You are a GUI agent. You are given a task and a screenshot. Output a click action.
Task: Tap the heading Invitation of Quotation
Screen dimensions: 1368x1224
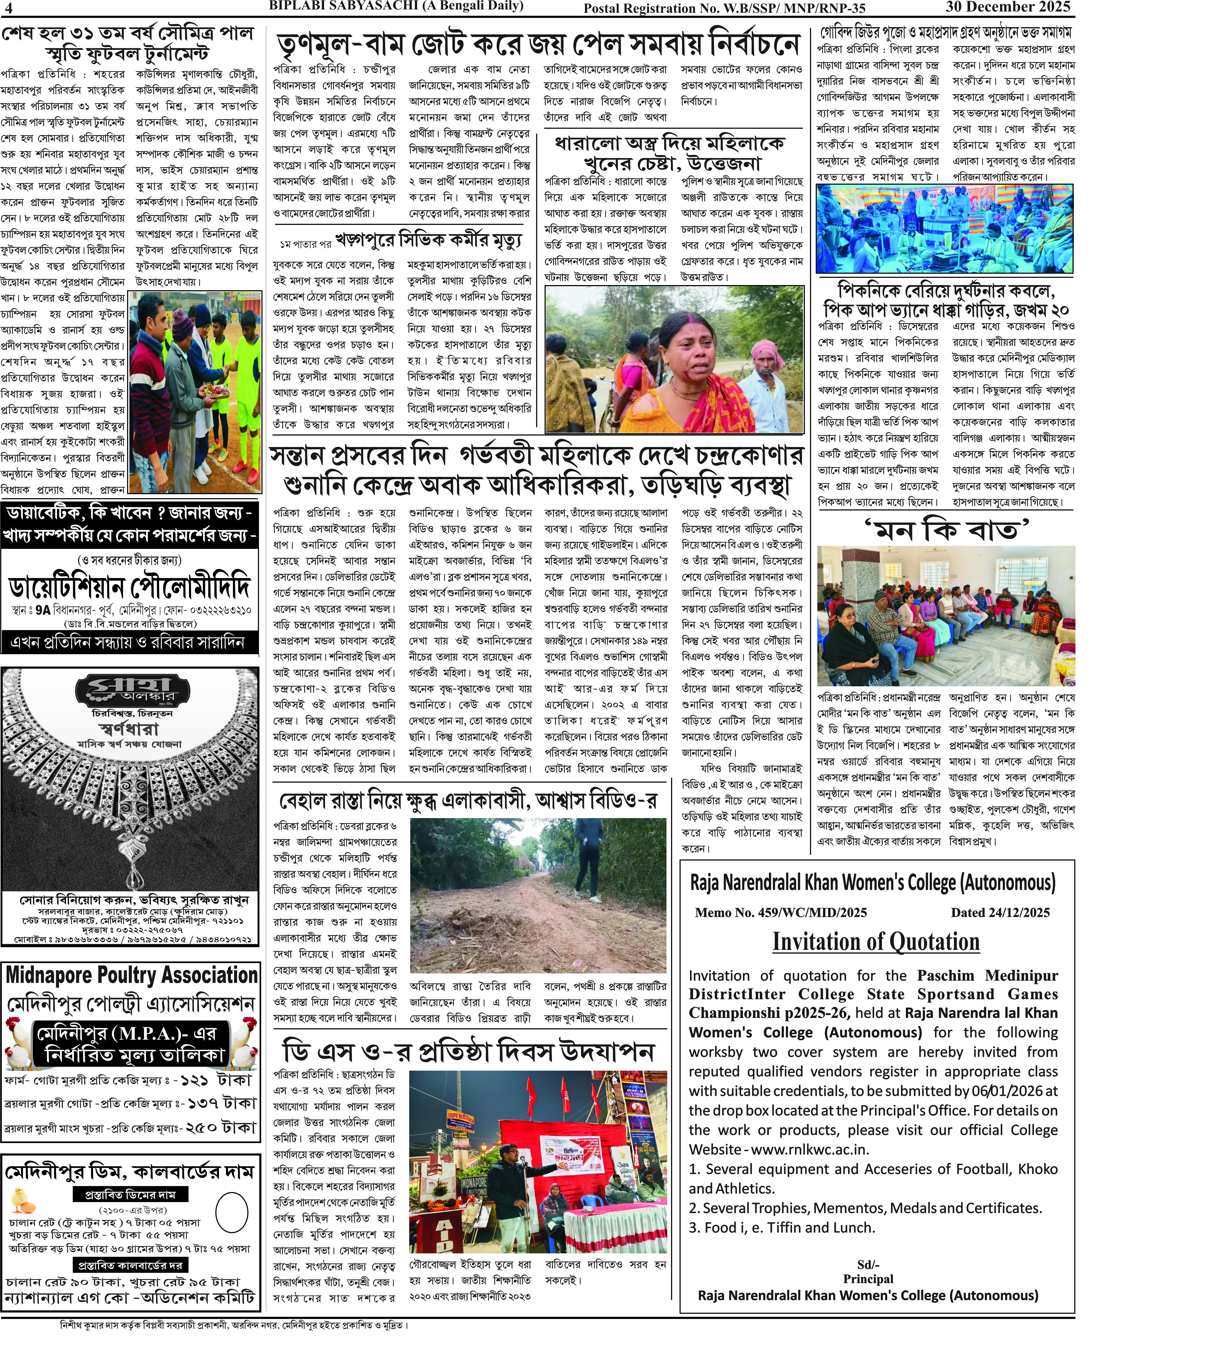click(876, 941)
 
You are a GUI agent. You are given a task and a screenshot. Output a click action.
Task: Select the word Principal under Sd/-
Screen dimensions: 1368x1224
click(868, 1279)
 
